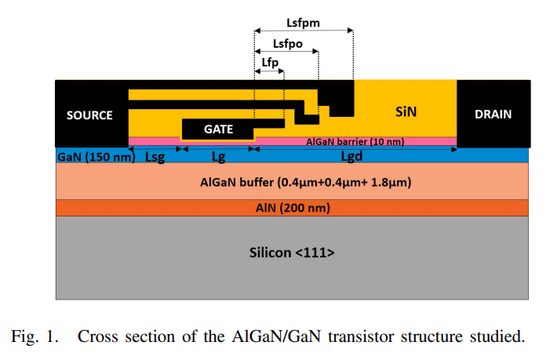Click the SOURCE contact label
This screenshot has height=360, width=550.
pyautogui.click(x=89, y=115)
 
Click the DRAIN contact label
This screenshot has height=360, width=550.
pyautogui.click(x=493, y=114)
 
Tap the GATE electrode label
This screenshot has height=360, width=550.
pyautogui.click(x=219, y=129)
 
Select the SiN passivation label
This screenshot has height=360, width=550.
pyautogui.click(x=405, y=112)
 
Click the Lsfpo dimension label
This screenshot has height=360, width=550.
pyautogui.click(x=287, y=44)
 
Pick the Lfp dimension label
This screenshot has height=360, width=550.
pyautogui.click(x=268, y=62)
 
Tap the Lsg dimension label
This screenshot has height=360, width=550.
pyautogui.click(x=155, y=157)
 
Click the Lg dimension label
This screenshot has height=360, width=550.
pyautogui.click(x=219, y=157)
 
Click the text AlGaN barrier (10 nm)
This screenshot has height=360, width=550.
pyautogui.click(x=355, y=142)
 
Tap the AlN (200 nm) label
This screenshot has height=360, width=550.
pyautogui.click(x=292, y=208)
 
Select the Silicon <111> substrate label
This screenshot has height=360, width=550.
pyautogui.click(x=292, y=253)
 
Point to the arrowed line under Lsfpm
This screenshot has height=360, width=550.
pyautogui.click(x=304, y=31)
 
